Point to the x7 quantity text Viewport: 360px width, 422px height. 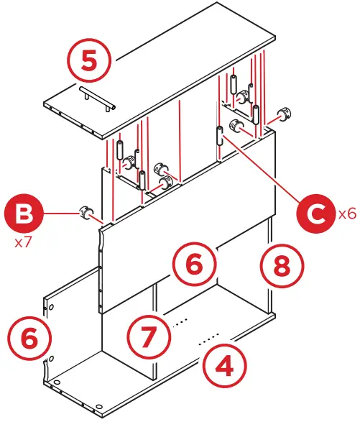tap(24, 243)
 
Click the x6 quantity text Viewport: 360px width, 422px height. tap(346, 214)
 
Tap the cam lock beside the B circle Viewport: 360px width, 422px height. tap(86, 212)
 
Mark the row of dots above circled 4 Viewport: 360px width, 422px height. tap(209, 336)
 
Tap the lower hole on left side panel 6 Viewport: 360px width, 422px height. tap(51, 357)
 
